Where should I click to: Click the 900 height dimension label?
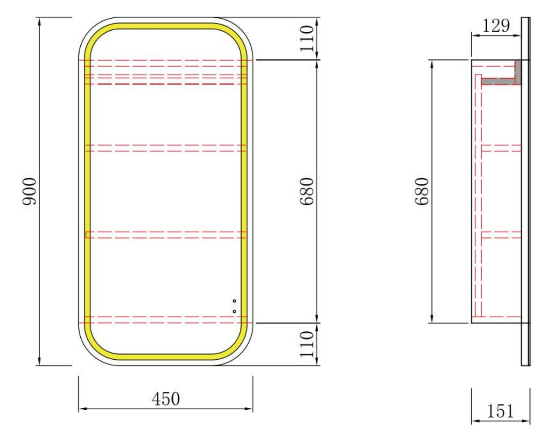(29, 192)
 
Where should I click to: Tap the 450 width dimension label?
(166, 399)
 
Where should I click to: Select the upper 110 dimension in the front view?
(307, 39)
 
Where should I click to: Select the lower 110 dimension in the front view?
(307, 344)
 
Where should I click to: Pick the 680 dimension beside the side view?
(421, 192)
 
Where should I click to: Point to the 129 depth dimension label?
(496, 26)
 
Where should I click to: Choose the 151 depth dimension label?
(500, 411)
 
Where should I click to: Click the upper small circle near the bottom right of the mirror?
(234, 301)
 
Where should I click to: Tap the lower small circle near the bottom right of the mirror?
(234, 311)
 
